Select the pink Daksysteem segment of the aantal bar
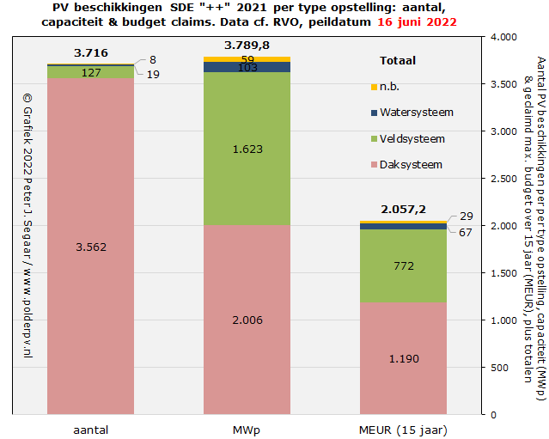tap(90, 258)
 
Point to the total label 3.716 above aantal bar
tap(90, 53)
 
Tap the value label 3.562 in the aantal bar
tap(90, 247)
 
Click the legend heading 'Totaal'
tap(398, 61)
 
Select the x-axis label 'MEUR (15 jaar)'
tap(404, 428)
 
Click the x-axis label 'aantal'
tap(90, 428)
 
